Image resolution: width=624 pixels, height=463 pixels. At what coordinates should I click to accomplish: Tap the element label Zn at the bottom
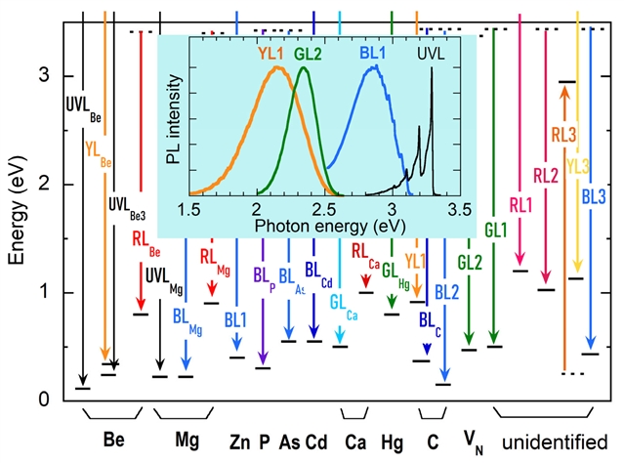241,440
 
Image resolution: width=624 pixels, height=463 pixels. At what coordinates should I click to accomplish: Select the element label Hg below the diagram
391,440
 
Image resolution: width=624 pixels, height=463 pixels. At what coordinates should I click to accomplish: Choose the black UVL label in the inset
430,55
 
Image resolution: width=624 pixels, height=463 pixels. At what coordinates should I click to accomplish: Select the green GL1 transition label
496,231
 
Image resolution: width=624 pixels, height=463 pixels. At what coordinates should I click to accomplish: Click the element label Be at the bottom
113,440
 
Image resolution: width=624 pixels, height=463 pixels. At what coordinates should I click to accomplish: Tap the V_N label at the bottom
473,441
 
